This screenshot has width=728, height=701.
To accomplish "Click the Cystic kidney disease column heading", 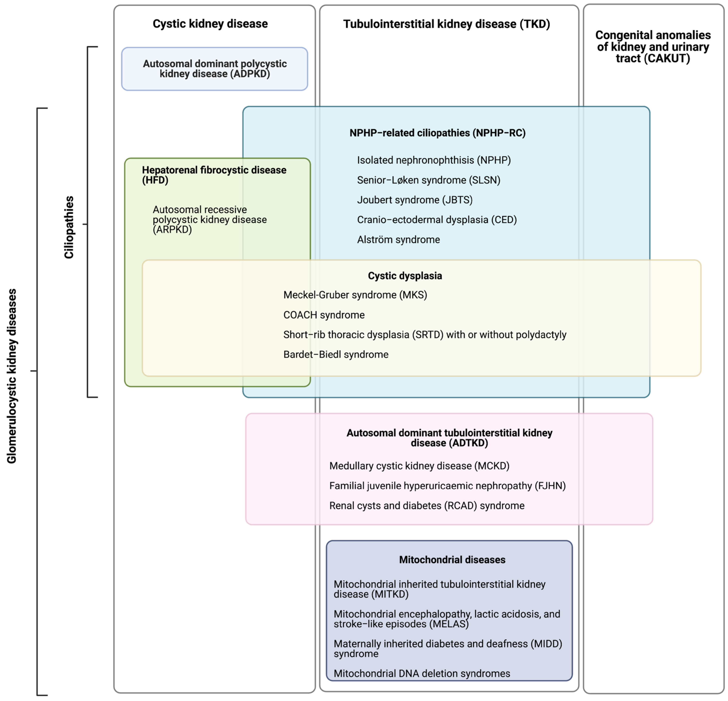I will [x=210, y=24].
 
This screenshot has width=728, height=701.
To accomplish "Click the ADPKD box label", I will [x=215, y=69].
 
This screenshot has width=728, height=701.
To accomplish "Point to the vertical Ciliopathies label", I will [x=69, y=227].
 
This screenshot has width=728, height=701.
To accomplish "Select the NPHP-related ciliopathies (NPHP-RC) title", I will [x=437, y=133].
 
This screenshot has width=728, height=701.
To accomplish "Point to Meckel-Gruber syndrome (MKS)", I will [x=355, y=295].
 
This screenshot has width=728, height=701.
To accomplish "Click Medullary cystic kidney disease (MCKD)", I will [x=419, y=466].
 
